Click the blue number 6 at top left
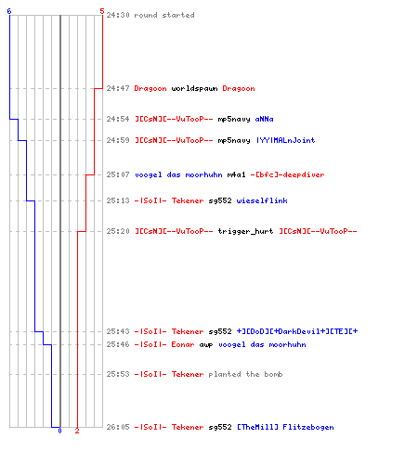pyautogui.click(x=9, y=11)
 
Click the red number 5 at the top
pyautogui.click(x=102, y=11)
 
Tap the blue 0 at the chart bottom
pyautogui.click(x=59, y=431)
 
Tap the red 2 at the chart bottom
pyautogui.click(x=77, y=431)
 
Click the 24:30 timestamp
pyautogui.click(x=118, y=15)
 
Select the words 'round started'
pyautogui.click(x=164, y=15)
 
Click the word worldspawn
pyautogui.click(x=194, y=89)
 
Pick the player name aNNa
pyautogui.click(x=264, y=119)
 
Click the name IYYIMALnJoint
pyautogui.click(x=285, y=140)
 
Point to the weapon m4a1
pyautogui.click(x=236, y=174)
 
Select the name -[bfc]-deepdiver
pyautogui.click(x=287, y=174)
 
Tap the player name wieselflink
pyautogui.click(x=262, y=200)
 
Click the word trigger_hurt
pyautogui.click(x=245, y=231)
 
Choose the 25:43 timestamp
pyautogui.click(x=118, y=331)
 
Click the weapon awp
pyautogui.click(x=206, y=345)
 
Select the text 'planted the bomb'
pyautogui.click(x=245, y=374)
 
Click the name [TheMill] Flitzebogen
pyautogui.click(x=285, y=427)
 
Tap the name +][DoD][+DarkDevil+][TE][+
pyautogui.click(x=297, y=331)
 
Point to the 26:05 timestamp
pyautogui.click(x=118, y=427)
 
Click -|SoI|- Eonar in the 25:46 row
pyautogui.click(x=164, y=344)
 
